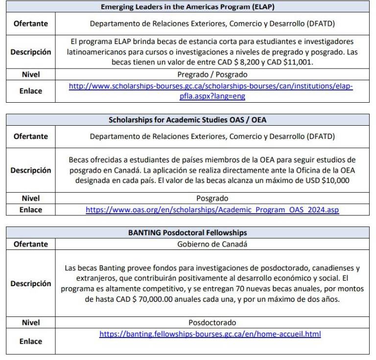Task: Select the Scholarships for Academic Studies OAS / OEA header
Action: click(x=188, y=120)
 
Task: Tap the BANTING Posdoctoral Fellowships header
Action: click(x=188, y=233)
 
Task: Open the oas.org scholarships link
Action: click(x=212, y=210)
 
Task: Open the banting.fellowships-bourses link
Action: click(x=210, y=334)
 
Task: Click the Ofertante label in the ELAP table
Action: click(x=30, y=23)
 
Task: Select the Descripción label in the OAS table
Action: click(x=30, y=170)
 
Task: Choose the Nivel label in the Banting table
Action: click(x=30, y=323)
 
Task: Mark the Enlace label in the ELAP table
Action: click(x=30, y=91)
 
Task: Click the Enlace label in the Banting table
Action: click(x=30, y=341)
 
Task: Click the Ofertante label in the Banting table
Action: click(x=30, y=244)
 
